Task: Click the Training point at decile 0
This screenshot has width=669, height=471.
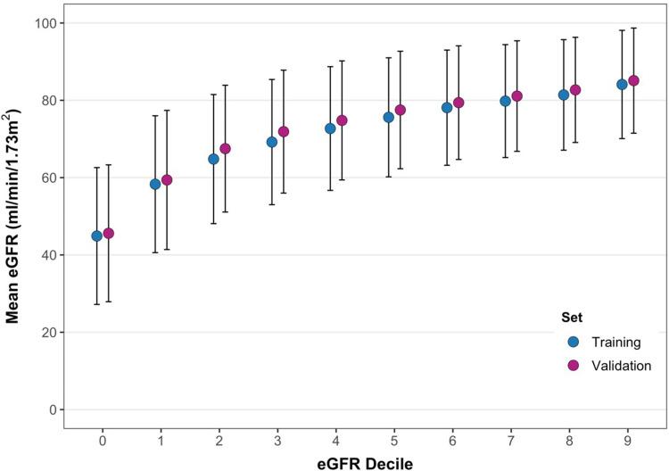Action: point(96,236)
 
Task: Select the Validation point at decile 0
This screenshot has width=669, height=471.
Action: point(109,234)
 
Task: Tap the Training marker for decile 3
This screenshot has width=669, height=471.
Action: point(272,142)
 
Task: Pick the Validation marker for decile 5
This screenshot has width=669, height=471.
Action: point(401,110)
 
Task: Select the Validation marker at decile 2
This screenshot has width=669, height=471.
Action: point(225,148)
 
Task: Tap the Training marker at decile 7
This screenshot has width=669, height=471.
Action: point(505,101)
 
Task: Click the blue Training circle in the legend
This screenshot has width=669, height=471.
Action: point(573,341)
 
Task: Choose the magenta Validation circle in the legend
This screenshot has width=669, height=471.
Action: point(573,365)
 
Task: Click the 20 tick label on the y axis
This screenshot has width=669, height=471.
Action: point(45,333)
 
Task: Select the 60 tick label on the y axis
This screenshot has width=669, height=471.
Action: point(45,178)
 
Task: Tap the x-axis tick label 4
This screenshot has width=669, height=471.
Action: point(336,440)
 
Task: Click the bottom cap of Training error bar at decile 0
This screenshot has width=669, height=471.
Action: point(96,304)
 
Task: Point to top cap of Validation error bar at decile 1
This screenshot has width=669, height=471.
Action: point(167,111)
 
